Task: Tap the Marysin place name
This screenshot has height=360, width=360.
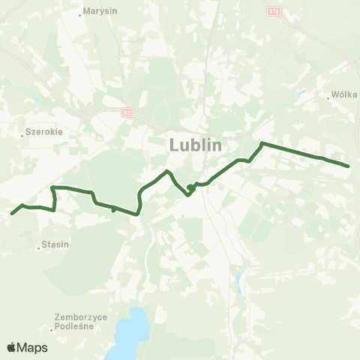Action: tap(101, 11)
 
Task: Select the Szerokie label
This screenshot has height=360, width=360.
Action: tap(44, 130)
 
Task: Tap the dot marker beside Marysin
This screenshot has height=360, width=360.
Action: tap(80, 13)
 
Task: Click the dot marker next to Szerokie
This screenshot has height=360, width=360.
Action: tap(22, 135)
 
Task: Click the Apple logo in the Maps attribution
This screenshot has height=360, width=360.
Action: tap(11, 348)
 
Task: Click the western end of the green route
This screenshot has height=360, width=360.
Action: tap(12, 214)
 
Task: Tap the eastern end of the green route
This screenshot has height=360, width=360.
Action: tap(349, 166)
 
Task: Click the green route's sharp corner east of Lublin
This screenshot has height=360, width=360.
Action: tap(261, 142)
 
